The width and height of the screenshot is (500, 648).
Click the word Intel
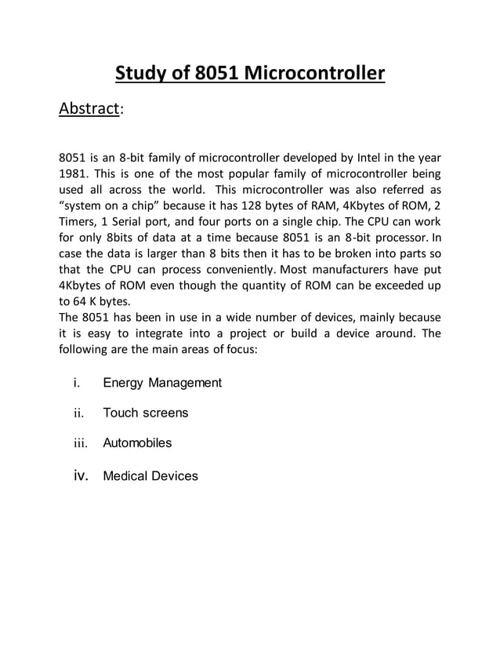tap(372, 155)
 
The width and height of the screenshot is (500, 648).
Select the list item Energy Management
tap(162, 383)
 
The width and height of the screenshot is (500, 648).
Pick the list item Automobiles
tap(137, 443)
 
